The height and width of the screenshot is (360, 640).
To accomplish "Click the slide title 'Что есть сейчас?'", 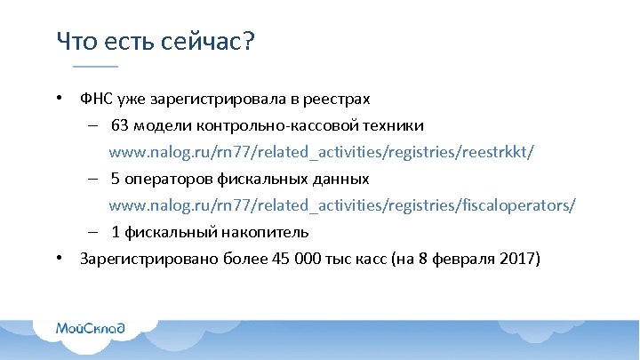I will click(155, 41).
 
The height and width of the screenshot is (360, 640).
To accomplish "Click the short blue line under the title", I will click(95, 67).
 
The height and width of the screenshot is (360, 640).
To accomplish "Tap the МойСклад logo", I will click(91, 328).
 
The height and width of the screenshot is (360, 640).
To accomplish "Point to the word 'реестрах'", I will click(340, 99).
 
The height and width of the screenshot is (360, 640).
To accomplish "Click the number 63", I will click(121, 125).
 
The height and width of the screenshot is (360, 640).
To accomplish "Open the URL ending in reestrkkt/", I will click(321, 152).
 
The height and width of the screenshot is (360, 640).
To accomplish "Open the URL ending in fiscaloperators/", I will click(342, 205).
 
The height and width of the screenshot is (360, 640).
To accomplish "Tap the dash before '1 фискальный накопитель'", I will click(92, 232).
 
